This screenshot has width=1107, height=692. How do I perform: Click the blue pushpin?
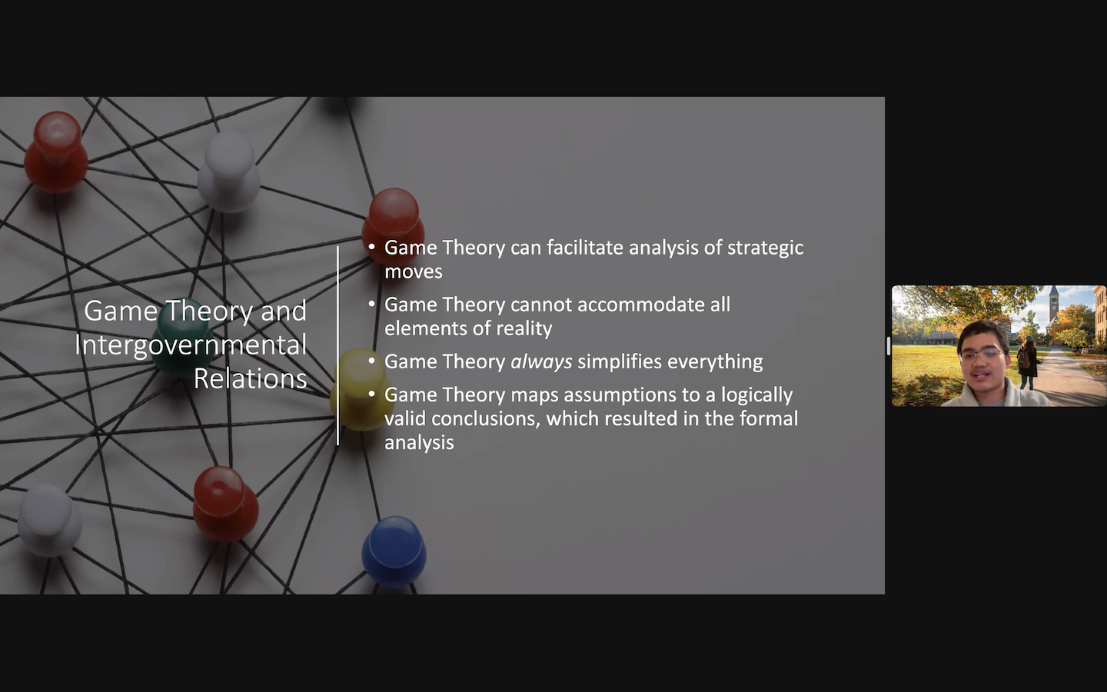click(394, 551)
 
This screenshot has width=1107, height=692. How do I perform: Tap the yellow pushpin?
click(361, 389)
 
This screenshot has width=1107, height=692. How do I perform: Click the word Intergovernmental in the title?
click(191, 345)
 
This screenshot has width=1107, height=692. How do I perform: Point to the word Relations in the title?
click(250, 378)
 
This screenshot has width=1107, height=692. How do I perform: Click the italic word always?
click(541, 362)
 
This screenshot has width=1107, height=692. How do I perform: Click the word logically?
click(756, 395)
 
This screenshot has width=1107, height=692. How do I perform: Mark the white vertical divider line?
click(338, 345)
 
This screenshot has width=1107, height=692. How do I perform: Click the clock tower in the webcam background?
click(1053, 309)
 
